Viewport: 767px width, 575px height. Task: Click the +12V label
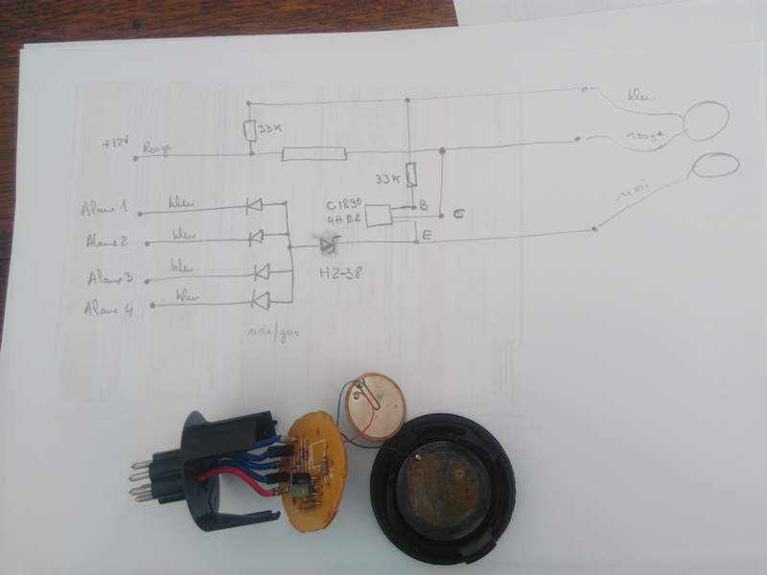pos(114,144)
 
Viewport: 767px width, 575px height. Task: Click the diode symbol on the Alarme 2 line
pos(255,236)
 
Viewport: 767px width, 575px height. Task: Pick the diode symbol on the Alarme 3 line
pos(259,271)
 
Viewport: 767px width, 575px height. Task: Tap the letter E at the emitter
pos(427,232)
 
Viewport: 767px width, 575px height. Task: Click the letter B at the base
pos(423,205)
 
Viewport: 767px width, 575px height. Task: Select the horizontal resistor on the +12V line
pos(314,152)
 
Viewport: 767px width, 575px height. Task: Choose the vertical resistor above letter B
pos(412,175)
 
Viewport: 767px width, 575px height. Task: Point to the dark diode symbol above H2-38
pos(329,246)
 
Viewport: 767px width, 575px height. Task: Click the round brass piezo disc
pos(375,401)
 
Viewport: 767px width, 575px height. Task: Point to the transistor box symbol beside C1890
pos(380,216)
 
